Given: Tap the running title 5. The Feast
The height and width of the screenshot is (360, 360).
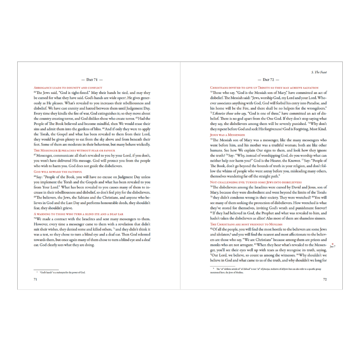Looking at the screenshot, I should coord(319,72).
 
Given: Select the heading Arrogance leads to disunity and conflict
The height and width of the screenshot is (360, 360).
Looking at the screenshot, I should coord(68,88).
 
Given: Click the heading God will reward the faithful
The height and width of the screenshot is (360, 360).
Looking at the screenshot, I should coord(58,172).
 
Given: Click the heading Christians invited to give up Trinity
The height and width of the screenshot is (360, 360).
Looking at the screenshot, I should coord(264,88).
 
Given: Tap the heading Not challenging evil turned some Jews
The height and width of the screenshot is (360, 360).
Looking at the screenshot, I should coord(256,183).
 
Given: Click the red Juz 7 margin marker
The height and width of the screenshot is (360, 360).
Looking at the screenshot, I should coord(332,246).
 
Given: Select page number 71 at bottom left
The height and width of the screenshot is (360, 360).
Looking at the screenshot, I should coord(35,279).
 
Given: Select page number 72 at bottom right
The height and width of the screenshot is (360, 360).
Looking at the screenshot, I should coord(325,279).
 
